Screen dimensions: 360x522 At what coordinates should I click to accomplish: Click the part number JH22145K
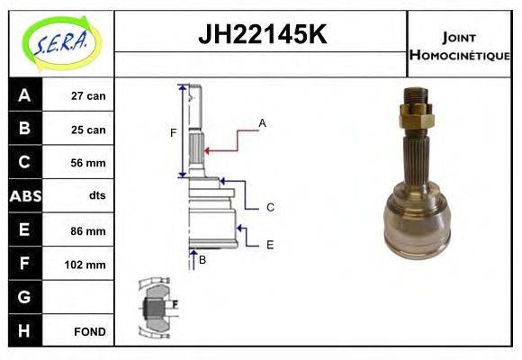tap(261, 34)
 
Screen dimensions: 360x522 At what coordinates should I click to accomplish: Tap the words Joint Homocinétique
tap(459, 45)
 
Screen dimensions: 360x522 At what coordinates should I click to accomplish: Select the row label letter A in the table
tap(24, 95)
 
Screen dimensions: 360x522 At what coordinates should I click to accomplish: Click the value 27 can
tap(88, 95)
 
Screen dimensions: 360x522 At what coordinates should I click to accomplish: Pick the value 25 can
tap(88, 130)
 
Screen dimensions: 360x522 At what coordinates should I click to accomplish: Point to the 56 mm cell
tap(88, 163)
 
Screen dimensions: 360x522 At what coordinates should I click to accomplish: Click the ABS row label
tap(24, 196)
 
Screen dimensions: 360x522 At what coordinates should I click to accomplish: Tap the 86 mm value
tap(88, 230)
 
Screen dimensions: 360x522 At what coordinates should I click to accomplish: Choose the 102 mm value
tap(86, 265)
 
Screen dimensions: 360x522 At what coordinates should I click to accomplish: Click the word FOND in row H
tap(89, 331)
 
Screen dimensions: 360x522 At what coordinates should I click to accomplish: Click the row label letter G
tap(24, 297)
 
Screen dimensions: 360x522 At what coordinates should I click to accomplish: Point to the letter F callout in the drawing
tap(174, 133)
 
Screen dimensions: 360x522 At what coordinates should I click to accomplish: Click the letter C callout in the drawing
tap(270, 207)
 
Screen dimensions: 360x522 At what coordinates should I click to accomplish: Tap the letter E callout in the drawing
tap(270, 244)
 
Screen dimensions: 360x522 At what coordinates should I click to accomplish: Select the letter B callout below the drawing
tap(202, 260)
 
